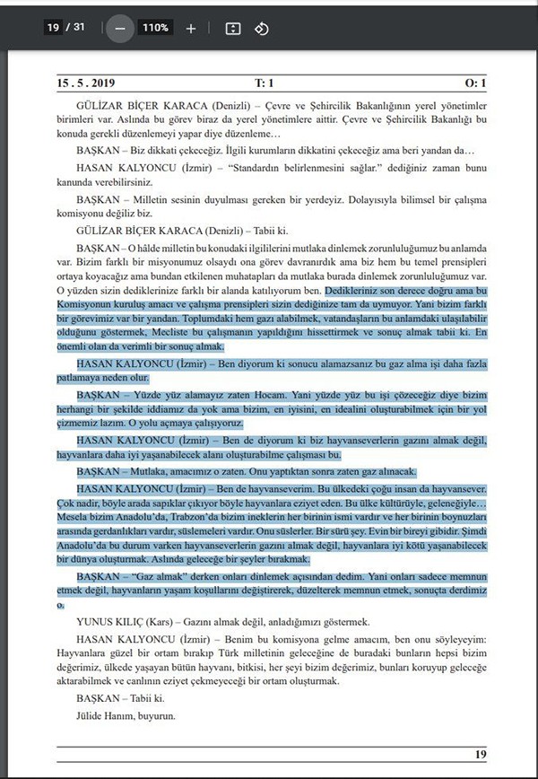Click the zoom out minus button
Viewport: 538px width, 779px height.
coord(119,28)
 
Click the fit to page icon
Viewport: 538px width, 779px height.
coord(233,28)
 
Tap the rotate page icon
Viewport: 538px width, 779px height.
coord(261,28)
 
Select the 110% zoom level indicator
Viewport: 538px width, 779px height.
coord(154,28)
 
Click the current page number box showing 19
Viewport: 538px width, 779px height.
coord(53,28)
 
